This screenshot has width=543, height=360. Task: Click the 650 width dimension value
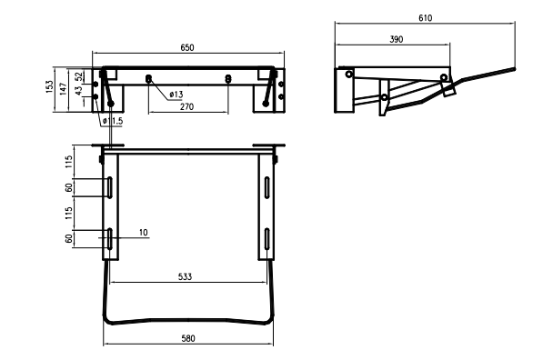[x=187, y=47]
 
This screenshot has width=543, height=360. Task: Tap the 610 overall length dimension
[x=426, y=18]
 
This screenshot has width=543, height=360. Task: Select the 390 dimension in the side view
[x=397, y=39]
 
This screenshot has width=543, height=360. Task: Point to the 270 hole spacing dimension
[x=186, y=106]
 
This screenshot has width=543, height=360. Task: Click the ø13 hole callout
[x=176, y=95]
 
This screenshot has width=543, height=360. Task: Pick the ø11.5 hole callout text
[x=113, y=121]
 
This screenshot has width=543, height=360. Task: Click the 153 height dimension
[x=49, y=86]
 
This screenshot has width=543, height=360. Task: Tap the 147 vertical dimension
[x=63, y=89]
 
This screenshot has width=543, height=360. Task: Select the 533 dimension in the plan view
[x=185, y=276]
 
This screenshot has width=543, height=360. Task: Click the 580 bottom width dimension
[x=188, y=338]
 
